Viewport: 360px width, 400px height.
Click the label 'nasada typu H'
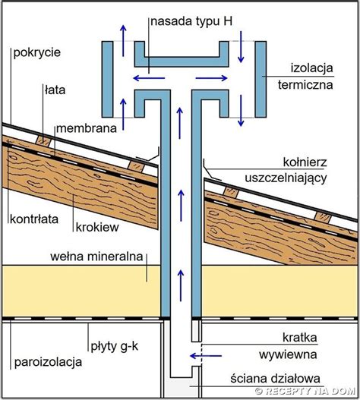click(191, 22)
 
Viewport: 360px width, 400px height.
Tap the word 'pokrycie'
click(37, 53)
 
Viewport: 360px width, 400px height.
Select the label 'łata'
click(55, 90)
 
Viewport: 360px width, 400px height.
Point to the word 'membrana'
click(87, 128)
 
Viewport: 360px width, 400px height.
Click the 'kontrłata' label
click(34, 219)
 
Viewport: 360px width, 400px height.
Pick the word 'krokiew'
click(97, 227)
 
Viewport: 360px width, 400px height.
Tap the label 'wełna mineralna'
click(96, 257)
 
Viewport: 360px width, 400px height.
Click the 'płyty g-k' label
click(115, 347)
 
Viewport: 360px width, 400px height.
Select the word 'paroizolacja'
click(48, 362)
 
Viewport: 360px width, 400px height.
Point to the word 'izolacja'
click(312, 68)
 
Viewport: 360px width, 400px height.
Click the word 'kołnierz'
click(305, 162)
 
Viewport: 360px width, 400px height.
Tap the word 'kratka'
click(300, 338)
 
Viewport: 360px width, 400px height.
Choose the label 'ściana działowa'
click(275, 379)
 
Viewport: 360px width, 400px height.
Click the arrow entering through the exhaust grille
click(206, 356)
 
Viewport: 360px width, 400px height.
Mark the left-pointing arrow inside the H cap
click(149, 78)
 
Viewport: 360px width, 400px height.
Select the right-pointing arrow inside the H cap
click(212, 78)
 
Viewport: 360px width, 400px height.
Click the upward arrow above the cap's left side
click(123, 40)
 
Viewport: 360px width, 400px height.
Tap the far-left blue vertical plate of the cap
click(108, 80)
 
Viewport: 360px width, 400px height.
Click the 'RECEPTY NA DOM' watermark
click(305, 391)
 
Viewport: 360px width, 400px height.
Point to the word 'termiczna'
click(305, 85)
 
